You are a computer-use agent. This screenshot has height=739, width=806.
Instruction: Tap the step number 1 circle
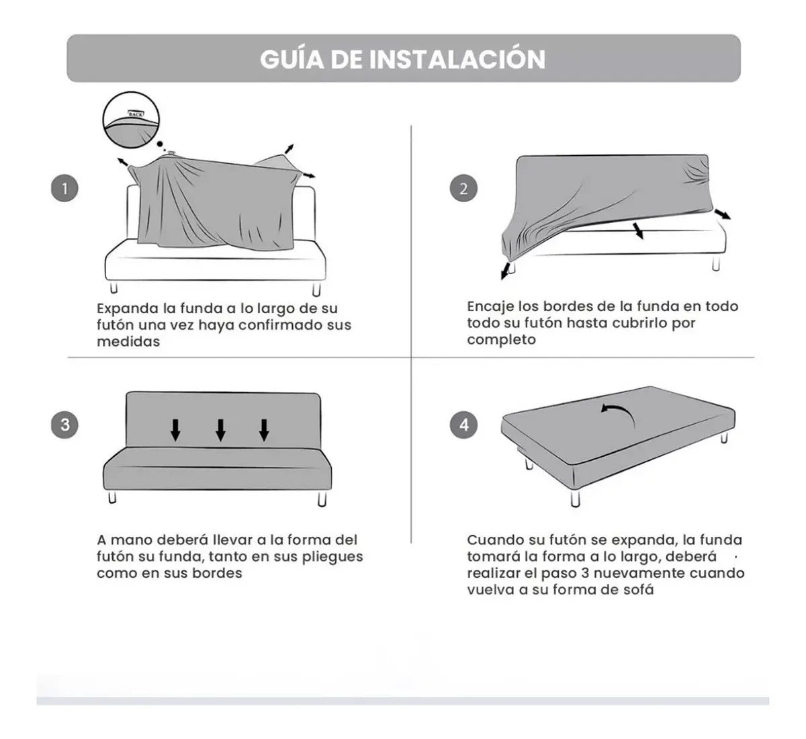64,189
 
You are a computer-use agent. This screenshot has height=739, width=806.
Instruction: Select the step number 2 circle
463,188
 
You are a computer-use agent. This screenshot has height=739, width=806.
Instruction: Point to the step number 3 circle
64,425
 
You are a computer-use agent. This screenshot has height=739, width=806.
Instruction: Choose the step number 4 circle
463,425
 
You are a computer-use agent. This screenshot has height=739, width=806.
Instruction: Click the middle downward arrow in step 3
220,430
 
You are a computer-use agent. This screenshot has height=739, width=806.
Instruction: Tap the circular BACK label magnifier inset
131,120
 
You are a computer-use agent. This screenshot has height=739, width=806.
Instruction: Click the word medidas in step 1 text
128,341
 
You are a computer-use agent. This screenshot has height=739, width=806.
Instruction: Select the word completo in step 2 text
501,340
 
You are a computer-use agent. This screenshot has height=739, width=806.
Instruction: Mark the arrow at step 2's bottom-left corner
505,271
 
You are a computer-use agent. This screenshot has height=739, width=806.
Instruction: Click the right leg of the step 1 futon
316,288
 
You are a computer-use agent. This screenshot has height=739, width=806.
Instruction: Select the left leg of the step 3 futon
112,497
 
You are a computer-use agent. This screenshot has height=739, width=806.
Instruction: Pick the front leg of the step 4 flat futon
576,498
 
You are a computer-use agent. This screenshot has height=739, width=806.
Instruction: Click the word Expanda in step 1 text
128,309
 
